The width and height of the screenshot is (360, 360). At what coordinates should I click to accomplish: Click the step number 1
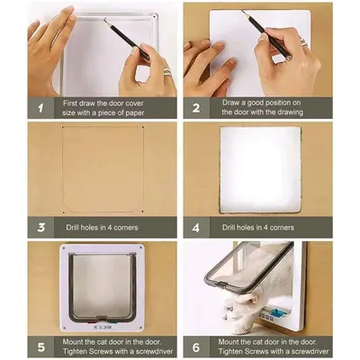click(40, 108)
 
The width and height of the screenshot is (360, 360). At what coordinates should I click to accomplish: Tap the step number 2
click(196, 108)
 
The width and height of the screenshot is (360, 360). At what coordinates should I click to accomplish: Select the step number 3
click(41, 228)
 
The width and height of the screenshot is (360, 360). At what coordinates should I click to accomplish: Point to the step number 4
click(196, 228)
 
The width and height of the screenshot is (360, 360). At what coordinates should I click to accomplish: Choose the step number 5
click(41, 347)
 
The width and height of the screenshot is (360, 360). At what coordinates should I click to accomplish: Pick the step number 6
click(196, 347)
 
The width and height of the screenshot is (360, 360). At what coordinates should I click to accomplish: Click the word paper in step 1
click(134, 113)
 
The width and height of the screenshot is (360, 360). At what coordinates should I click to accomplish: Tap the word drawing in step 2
click(290, 112)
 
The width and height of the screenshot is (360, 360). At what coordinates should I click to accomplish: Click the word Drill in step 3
click(74, 228)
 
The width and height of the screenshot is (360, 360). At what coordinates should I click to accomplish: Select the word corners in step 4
click(282, 228)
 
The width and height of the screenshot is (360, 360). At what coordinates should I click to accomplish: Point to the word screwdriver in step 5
click(154, 351)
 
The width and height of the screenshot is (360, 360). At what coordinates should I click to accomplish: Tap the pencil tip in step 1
click(104, 19)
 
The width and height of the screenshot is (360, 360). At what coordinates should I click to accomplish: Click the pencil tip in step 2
click(242, 11)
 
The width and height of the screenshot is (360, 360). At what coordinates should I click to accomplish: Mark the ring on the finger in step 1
click(166, 72)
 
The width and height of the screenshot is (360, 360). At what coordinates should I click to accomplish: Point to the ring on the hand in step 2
click(303, 42)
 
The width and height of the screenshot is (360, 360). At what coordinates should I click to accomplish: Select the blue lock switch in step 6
click(276, 313)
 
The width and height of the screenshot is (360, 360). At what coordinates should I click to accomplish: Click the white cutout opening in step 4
click(260, 170)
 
